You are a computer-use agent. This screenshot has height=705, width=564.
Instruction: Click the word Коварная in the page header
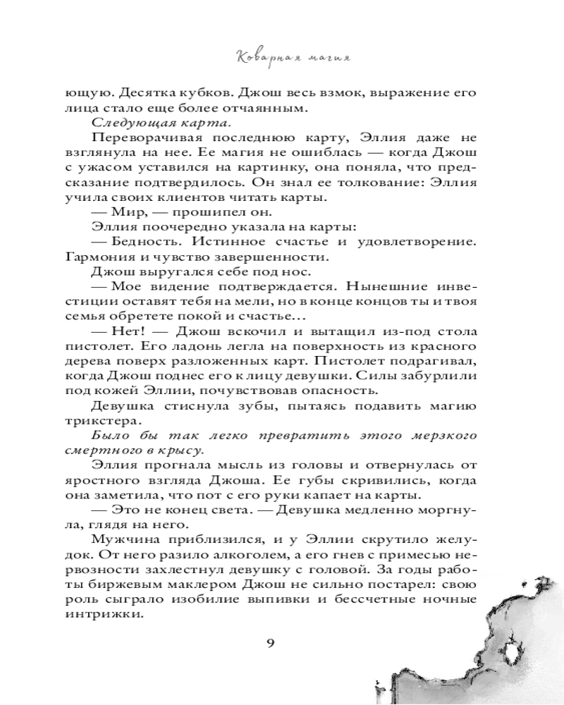[256, 56]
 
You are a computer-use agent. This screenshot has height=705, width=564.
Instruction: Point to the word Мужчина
[124, 537]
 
